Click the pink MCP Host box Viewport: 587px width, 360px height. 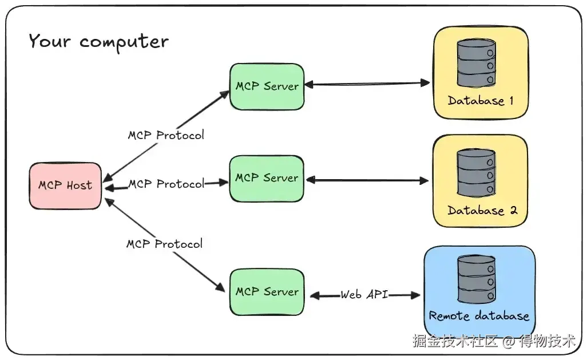coord(65,185)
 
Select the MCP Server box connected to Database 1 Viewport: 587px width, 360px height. coord(267,86)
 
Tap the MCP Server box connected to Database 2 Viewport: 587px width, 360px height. coord(267,179)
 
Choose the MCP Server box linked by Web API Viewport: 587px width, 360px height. coord(267,292)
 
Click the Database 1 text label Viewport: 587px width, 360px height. coord(481,100)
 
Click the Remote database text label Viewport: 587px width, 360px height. coord(479,316)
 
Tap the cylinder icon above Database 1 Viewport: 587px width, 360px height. coord(476,64)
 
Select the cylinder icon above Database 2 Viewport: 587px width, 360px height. coord(476,173)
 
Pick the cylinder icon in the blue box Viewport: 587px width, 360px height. coord(477,279)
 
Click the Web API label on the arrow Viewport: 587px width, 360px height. coord(364,294)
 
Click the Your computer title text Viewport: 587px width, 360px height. coord(98,41)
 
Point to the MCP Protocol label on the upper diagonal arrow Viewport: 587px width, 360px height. coord(166,135)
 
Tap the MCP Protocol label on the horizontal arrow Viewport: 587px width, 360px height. coord(166,184)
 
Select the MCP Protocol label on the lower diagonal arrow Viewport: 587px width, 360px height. coord(164,244)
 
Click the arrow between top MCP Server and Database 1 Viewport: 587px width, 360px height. coord(367,84)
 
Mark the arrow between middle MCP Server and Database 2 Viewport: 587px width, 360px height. coord(367,180)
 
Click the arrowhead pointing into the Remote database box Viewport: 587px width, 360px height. coord(415,295)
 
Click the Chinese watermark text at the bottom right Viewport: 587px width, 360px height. coord(494,341)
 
